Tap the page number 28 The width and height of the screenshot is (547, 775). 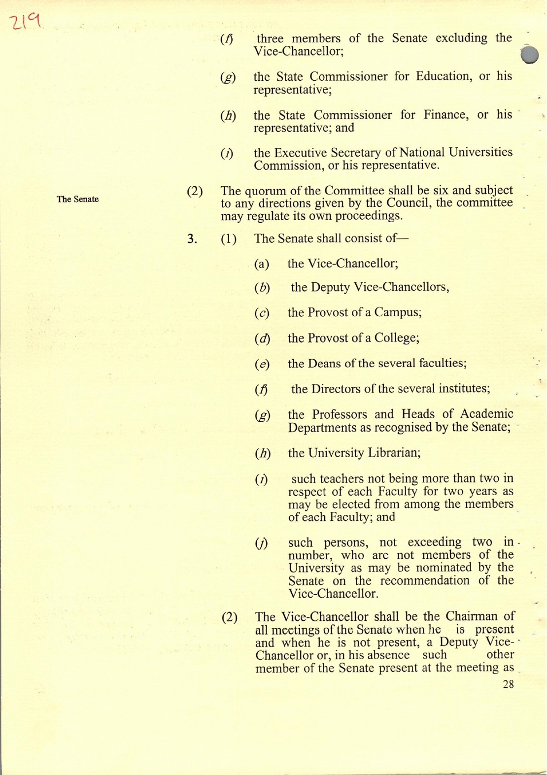[508, 684]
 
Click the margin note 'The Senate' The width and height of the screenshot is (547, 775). [78, 199]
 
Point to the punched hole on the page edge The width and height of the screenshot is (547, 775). [529, 55]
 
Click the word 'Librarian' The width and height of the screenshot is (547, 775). [394, 452]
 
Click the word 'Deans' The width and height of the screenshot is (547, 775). [324, 363]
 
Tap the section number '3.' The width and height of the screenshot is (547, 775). [192, 239]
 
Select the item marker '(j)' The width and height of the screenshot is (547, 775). [262, 543]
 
